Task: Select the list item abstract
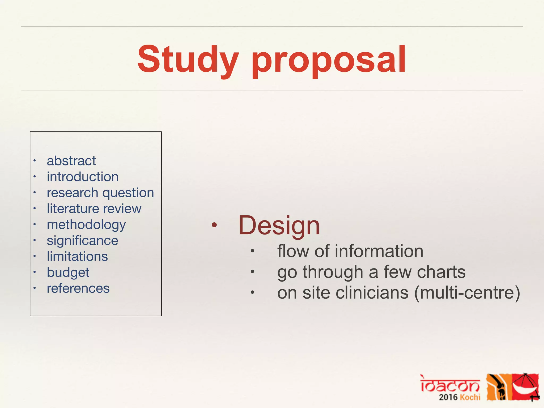tap(71, 161)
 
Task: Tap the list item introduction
tap(83, 177)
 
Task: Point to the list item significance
tap(82, 241)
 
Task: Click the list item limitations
tap(77, 257)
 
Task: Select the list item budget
tap(68, 273)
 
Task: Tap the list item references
tap(78, 288)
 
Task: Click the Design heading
tap(279, 226)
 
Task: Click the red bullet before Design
tap(214, 226)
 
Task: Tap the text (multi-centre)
tap(467, 293)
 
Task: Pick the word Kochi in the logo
tap(470, 397)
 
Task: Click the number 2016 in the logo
tap(448, 397)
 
